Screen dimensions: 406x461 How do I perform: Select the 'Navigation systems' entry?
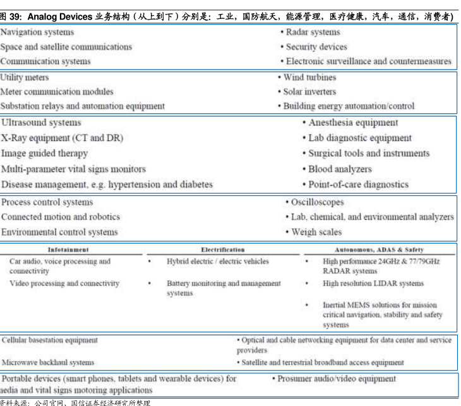click(x=37, y=32)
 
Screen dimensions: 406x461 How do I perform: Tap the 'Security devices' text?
click(x=316, y=47)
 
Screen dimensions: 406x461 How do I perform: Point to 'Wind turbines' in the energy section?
click(x=309, y=77)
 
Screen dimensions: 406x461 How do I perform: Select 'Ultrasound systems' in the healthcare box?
click(x=41, y=123)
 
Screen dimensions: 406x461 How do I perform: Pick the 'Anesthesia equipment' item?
click(x=353, y=123)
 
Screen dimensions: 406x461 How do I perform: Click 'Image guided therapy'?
click(x=44, y=153)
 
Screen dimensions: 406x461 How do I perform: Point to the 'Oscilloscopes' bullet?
click(x=317, y=202)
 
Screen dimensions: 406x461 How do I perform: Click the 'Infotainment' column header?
click(x=68, y=250)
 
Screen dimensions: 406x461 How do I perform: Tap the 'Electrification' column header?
click(x=223, y=250)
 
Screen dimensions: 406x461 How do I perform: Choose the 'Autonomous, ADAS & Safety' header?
click(x=379, y=250)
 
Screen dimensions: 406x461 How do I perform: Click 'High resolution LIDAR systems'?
click(x=373, y=283)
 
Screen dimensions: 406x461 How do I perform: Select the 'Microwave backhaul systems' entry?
click(x=48, y=362)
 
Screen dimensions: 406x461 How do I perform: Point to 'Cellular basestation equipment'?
click(x=50, y=340)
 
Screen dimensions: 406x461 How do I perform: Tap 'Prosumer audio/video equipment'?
click(x=337, y=379)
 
